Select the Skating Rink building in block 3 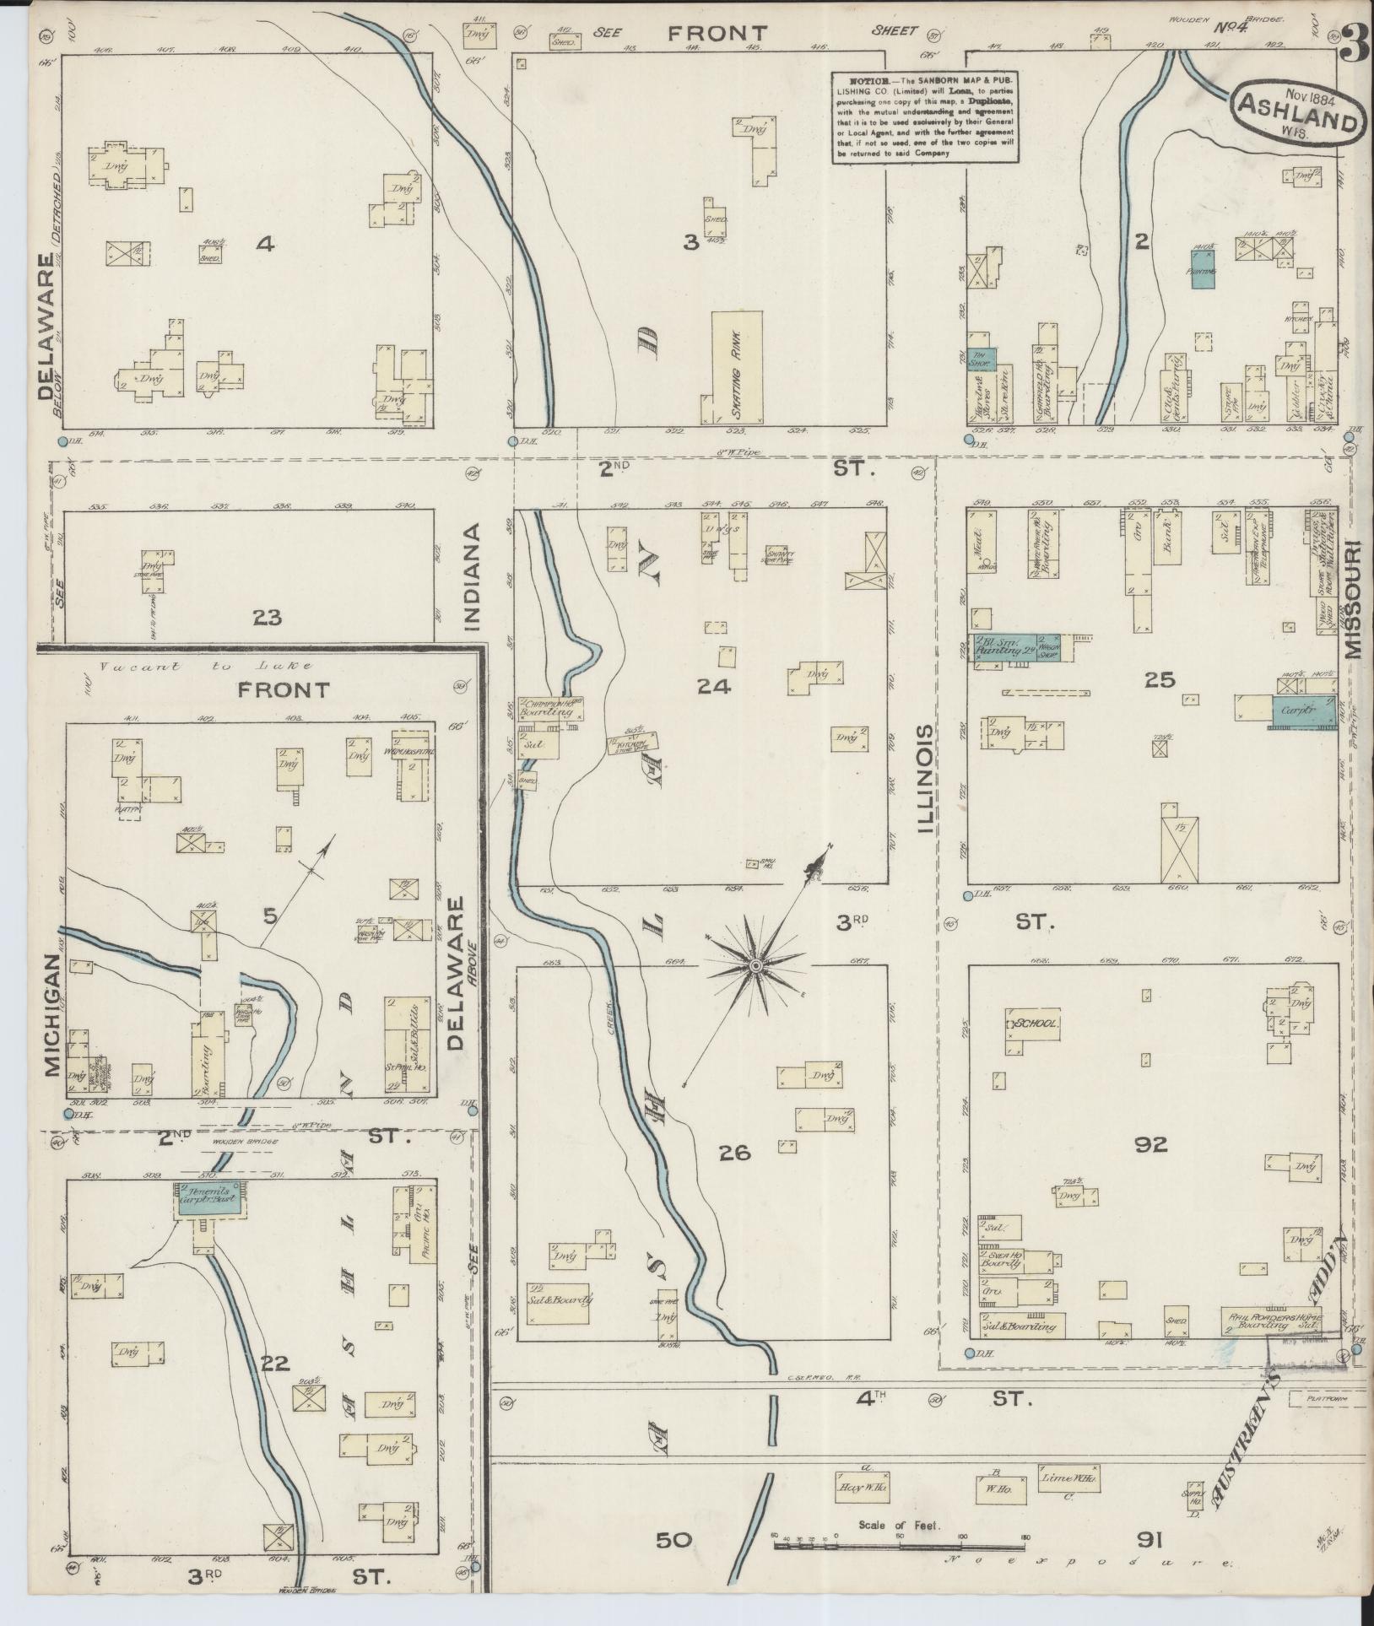point(738,367)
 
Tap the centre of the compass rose point(757,964)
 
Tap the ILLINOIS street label point(926,779)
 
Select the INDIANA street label point(470,576)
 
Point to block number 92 point(1151,1144)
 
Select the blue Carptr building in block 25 point(1302,711)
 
